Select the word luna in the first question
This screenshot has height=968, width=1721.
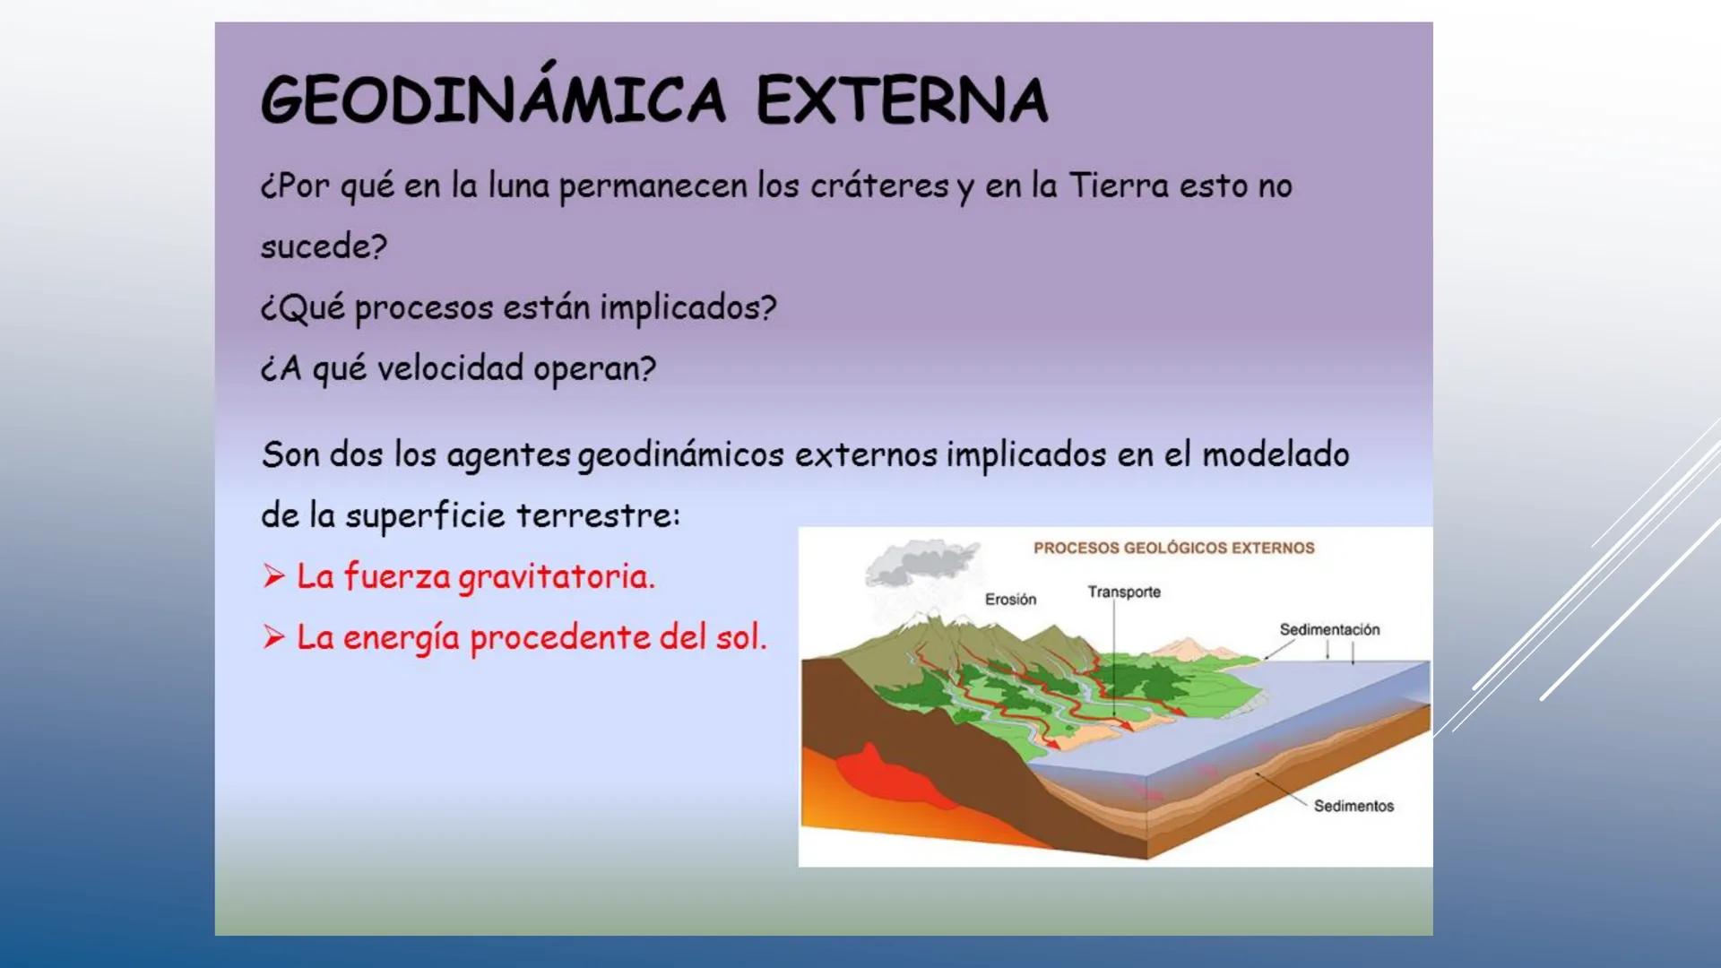[x=518, y=186]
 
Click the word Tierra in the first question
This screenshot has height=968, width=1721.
[x=1119, y=186]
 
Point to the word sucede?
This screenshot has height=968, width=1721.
[x=324, y=246]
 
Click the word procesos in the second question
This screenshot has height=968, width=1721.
[x=424, y=307]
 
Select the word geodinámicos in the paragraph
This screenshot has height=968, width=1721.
[x=680, y=455]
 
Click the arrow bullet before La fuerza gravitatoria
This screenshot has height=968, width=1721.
[x=274, y=575]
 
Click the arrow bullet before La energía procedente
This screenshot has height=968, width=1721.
[x=274, y=637]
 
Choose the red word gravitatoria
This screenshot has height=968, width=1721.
[x=557, y=577]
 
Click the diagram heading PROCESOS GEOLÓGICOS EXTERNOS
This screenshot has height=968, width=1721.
[x=1173, y=548]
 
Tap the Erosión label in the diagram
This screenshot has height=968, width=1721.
[x=1010, y=599]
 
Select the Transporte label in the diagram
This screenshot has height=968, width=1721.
[x=1124, y=592]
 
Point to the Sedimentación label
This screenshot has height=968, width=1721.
[x=1329, y=629]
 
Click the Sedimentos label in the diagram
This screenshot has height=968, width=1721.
[x=1353, y=806]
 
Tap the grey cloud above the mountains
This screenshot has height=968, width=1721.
[x=919, y=562]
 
